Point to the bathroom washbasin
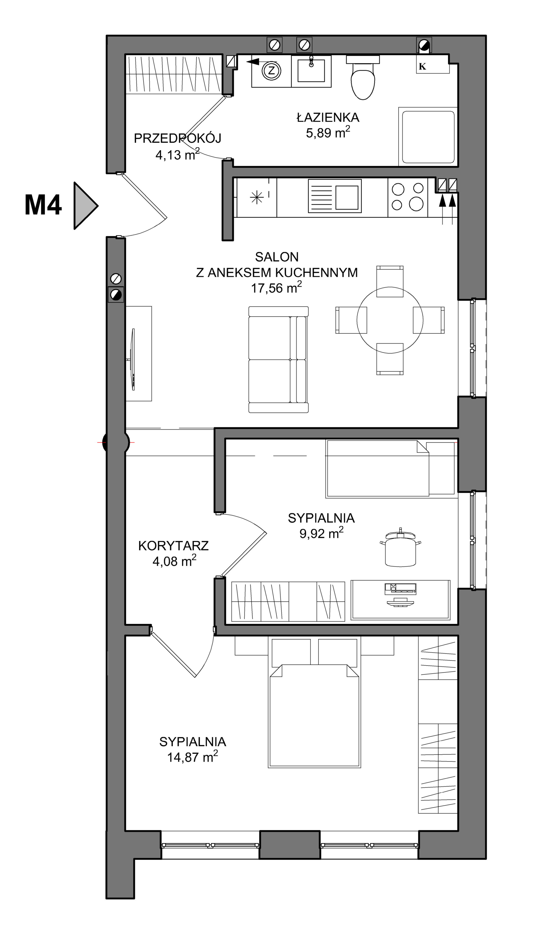(x=311, y=71)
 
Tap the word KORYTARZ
(x=174, y=546)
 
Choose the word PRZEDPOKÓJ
(x=178, y=138)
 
